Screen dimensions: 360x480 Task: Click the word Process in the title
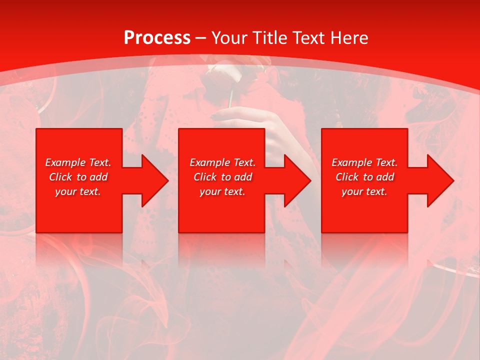click(157, 38)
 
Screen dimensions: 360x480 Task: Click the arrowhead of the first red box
click(154, 180)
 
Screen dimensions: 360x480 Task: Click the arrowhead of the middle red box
click(297, 180)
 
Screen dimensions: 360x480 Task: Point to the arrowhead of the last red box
click(440, 180)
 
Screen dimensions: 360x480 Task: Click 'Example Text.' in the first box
click(78, 162)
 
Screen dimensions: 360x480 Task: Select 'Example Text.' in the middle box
click(222, 162)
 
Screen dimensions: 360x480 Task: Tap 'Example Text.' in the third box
click(364, 162)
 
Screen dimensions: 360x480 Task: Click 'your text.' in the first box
click(78, 191)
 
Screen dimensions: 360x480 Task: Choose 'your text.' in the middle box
click(222, 191)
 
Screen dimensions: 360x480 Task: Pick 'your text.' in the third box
click(364, 191)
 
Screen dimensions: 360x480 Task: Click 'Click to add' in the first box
click(78, 177)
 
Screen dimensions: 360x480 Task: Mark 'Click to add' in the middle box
click(222, 177)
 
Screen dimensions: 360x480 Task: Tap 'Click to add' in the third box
click(364, 177)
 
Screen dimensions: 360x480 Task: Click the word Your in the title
click(230, 38)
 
